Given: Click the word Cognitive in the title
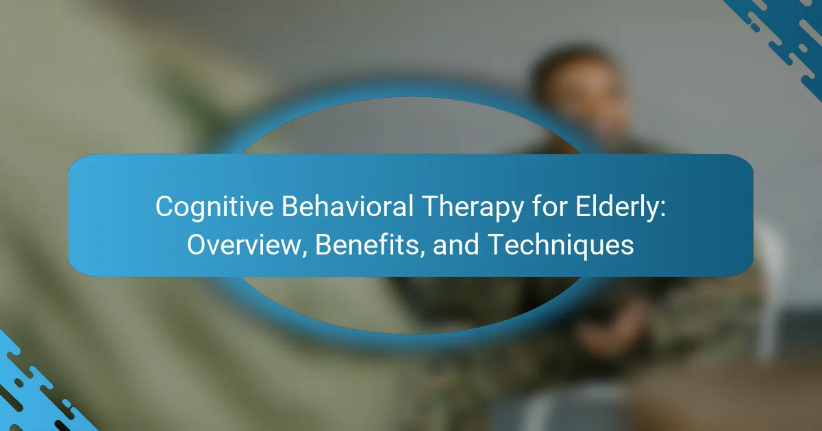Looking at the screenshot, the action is click(214, 207).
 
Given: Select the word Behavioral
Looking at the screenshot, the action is click(347, 206).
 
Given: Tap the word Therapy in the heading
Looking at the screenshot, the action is click(473, 207).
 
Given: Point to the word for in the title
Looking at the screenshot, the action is click(549, 206).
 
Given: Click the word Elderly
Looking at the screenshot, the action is click(616, 207).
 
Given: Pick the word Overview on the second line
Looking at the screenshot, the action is click(244, 244).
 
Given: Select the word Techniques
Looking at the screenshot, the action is click(562, 245).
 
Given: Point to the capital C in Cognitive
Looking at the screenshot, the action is click(165, 207).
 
